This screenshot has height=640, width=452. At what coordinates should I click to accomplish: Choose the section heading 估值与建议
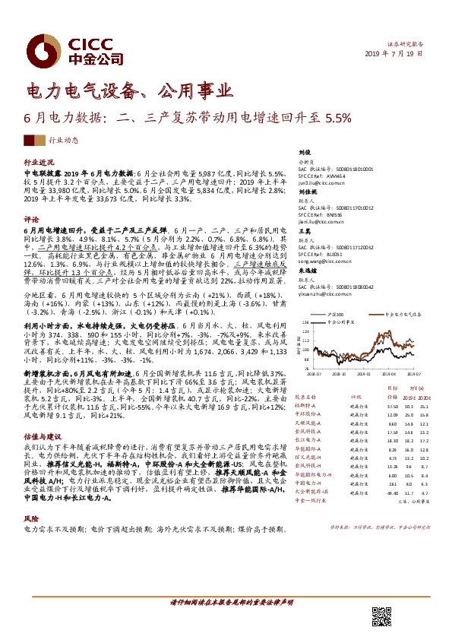41,437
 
